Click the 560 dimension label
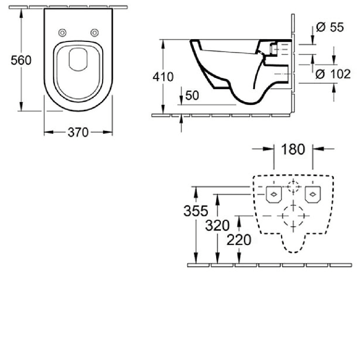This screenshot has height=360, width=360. [21, 60]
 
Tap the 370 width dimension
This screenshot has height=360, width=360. [78, 132]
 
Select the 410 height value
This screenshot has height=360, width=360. [163, 77]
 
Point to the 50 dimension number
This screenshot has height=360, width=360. [192, 95]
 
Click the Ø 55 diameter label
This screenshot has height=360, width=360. [330, 27]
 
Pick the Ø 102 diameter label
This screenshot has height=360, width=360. [333, 74]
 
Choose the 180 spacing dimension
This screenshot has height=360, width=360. [293, 149]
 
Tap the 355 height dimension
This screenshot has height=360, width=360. [195, 211]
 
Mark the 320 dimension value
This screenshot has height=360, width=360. [217, 225]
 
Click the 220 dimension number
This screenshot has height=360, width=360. [239, 240]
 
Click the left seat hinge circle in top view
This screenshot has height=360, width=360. [62, 33]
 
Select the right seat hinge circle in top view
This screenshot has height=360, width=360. [94, 33]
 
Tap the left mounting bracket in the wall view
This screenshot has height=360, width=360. [274, 195]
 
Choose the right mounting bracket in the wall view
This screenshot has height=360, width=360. [313, 195]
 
